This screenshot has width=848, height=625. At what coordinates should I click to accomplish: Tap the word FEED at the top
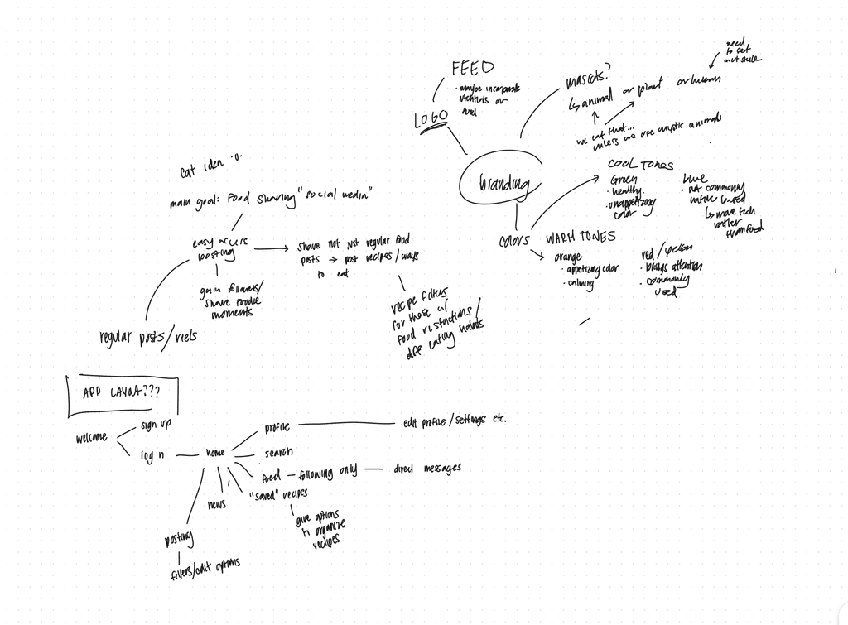click(x=473, y=68)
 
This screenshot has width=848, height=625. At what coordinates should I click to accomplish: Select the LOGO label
click(x=431, y=119)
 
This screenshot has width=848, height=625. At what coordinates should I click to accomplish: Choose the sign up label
click(x=156, y=425)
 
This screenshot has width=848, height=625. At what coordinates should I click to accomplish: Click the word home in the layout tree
click(x=215, y=454)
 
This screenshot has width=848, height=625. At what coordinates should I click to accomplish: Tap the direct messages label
click(x=427, y=469)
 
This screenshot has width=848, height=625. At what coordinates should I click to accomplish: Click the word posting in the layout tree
click(x=179, y=540)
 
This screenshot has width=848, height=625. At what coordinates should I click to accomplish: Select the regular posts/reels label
click(x=147, y=337)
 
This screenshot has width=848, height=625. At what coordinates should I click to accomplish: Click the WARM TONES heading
click(x=580, y=237)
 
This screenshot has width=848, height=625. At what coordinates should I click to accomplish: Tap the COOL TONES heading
click(x=640, y=165)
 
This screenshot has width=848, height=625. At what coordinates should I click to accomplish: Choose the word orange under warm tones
click(x=573, y=257)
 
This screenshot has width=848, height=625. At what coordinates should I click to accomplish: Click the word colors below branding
click(x=513, y=242)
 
